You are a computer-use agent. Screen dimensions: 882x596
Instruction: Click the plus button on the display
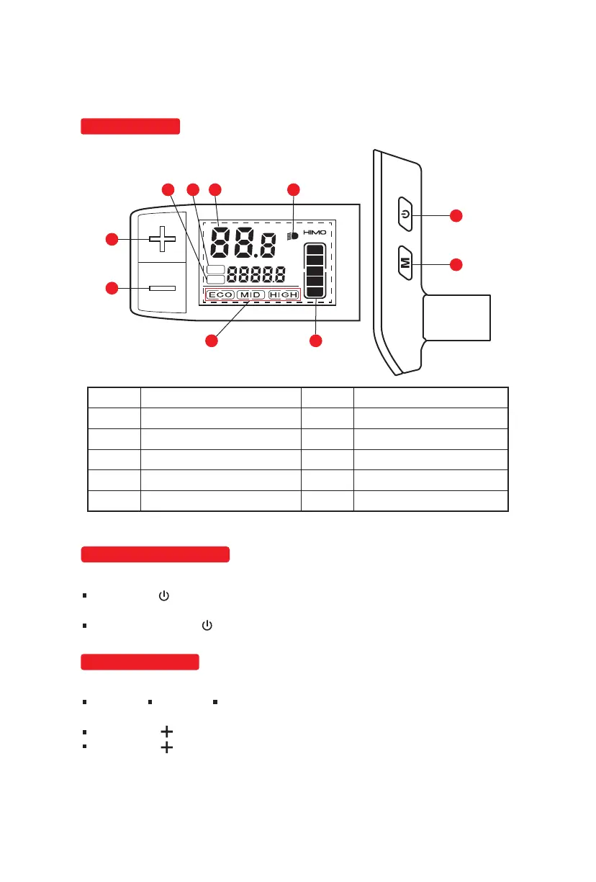tap(162, 239)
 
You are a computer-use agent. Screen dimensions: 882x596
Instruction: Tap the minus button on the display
tap(162, 288)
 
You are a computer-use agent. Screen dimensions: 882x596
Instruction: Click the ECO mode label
tap(220, 295)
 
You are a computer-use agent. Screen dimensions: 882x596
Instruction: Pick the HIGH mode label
tap(284, 295)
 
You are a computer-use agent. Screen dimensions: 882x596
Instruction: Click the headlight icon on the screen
tap(293, 235)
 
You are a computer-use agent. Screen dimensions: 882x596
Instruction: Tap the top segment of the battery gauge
tap(315, 253)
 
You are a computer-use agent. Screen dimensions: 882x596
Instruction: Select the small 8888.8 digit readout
tap(256, 275)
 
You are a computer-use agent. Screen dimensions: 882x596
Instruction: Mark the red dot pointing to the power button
tap(456, 215)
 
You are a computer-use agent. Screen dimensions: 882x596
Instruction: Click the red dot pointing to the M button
tap(456, 265)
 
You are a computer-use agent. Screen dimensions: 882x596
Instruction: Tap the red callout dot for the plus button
tap(112, 239)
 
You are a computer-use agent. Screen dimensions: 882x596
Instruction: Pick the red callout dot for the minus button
tap(112, 288)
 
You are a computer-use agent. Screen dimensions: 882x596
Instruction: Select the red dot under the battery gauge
tap(315, 341)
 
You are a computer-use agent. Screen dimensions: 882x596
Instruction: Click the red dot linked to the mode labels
tap(212, 341)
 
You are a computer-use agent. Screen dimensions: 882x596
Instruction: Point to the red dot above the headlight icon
tap(293, 190)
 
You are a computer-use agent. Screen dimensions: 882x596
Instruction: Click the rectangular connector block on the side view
tap(456, 318)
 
